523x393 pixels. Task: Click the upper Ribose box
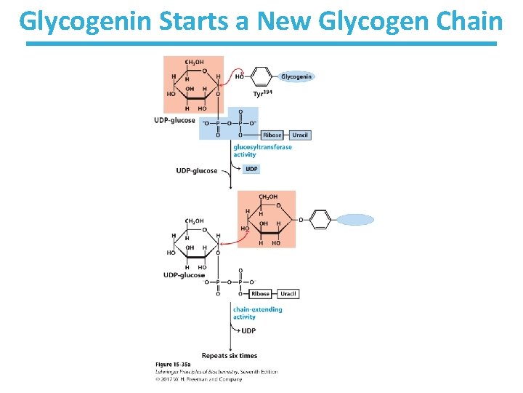tap(272, 135)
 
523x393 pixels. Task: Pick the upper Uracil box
tap(299, 135)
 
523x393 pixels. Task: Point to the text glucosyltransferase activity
tap(262, 151)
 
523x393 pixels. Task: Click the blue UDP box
tap(251, 169)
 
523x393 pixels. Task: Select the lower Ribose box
tap(261, 293)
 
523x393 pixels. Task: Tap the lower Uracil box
tap(288, 293)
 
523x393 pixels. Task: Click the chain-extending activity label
tap(257, 313)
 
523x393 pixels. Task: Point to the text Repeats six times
tap(229, 356)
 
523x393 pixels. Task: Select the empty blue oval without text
tap(355, 220)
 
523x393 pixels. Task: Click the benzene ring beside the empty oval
tap(320, 220)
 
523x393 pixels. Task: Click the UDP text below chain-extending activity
tap(248, 330)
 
